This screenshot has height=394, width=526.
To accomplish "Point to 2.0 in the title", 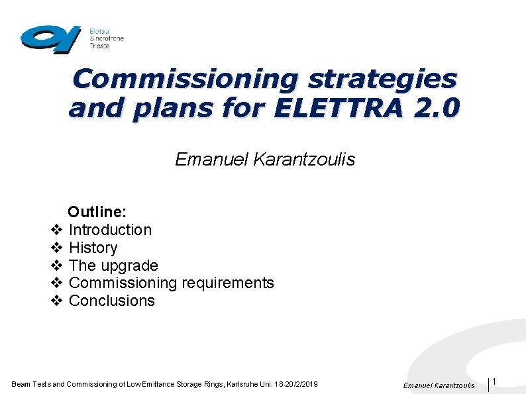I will [435, 108].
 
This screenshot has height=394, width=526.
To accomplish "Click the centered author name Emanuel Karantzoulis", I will [265, 160].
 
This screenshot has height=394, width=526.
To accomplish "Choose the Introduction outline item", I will [110, 230].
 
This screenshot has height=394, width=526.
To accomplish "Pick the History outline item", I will [93, 248].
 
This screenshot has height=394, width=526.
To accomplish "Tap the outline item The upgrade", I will [113, 266].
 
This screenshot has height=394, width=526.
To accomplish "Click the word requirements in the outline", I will [228, 283].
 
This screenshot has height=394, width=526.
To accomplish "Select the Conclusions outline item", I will [111, 301].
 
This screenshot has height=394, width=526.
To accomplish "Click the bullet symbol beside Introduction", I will [56, 230].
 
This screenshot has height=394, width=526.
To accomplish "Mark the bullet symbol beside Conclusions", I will [56, 301].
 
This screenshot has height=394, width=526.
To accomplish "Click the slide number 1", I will [495, 381].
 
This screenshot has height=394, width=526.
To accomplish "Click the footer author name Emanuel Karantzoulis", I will [439, 385].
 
